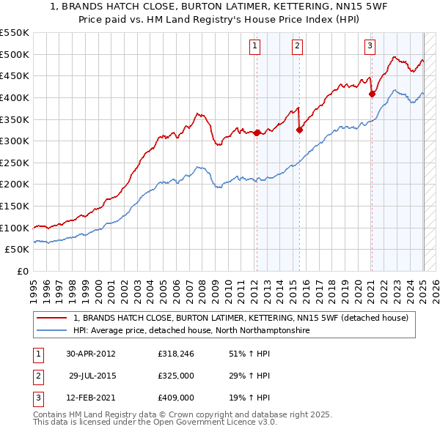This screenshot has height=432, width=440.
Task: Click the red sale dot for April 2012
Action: (257, 133)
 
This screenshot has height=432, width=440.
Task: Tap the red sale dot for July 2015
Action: (299, 130)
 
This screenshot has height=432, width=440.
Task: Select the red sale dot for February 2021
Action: (372, 93)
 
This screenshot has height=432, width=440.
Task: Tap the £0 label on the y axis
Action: (22, 271)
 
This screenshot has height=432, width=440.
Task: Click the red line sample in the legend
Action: (52, 318)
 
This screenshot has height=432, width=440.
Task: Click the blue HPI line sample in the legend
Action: (52, 331)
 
